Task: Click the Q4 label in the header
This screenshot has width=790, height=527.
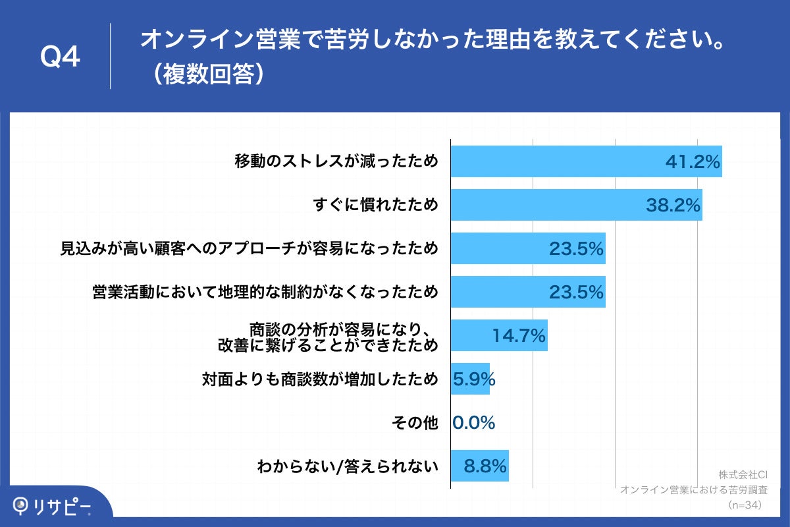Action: click(60, 58)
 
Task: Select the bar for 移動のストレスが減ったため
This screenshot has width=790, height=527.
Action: click(586, 161)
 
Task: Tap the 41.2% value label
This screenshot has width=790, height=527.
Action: click(693, 162)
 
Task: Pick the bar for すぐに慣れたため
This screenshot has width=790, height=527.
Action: click(576, 205)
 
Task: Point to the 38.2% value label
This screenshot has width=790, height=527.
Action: click(672, 206)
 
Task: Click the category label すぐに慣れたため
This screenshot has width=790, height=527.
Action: click(375, 206)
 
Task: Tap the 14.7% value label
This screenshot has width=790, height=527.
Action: click(519, 336)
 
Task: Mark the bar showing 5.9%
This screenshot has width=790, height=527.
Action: click(470, 379)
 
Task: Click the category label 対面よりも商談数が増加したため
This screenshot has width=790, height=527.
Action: click(319, 379)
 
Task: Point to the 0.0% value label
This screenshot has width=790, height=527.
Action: click(474, 423)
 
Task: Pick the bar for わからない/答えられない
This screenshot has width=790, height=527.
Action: click(480, 466)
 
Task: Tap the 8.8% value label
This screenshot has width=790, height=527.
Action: click(485, 466)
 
